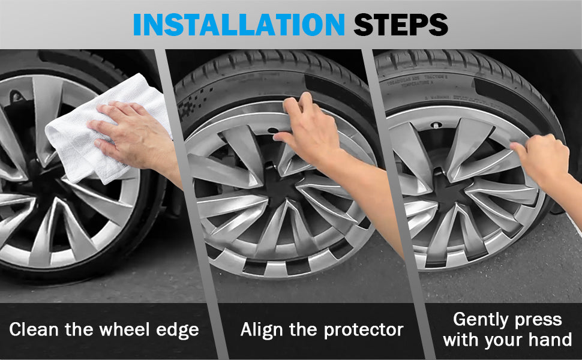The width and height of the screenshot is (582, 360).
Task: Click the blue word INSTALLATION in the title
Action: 239,25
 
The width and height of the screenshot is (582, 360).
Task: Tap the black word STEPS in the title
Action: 401,25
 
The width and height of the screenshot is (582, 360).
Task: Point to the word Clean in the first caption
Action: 34,329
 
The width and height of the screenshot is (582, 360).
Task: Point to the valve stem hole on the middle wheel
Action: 273,130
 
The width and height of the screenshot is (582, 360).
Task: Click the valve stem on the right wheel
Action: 435,125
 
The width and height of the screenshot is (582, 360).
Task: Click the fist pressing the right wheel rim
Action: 542,158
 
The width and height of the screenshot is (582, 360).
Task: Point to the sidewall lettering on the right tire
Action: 416,80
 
